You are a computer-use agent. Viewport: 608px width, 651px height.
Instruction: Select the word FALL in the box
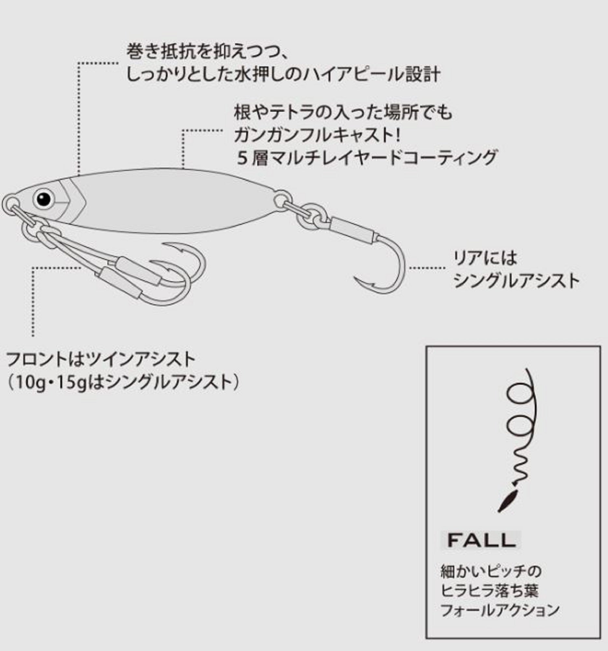point(481,541)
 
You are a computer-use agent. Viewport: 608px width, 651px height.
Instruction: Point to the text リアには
point(485,258)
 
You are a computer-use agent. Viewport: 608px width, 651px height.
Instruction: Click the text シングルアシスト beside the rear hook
point(516,281)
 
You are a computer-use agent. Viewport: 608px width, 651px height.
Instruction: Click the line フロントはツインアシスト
point(101,359)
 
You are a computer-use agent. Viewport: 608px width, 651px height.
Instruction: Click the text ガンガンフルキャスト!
point(317,135)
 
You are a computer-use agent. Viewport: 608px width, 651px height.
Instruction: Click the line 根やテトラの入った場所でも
point(343,112)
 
